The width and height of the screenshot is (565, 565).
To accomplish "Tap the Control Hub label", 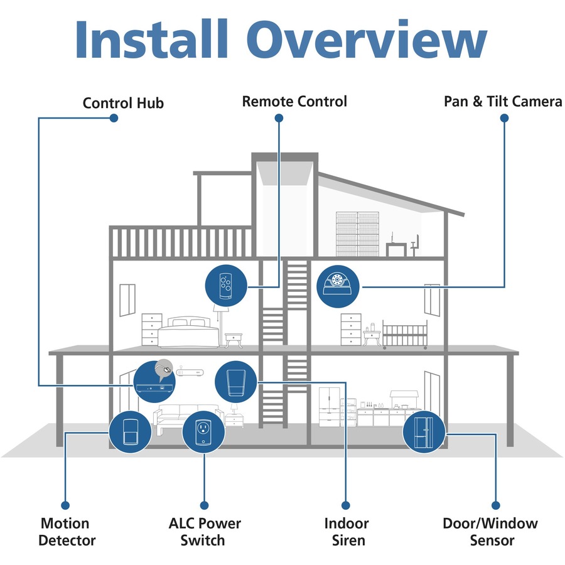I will pyautogui.click(x=123, y=102).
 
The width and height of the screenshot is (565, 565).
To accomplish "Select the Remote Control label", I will pyautogui.click(x=294, y=101).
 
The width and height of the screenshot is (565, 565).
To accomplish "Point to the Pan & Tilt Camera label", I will pyautogui.click(x=502, y=101).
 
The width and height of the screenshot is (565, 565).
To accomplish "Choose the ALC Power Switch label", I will pyautogui.click(x=205, y=531).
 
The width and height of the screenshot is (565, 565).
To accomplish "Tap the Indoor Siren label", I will pyautogui.click(x=346, y=531).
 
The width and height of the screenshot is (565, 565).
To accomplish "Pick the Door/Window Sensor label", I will pyautogui.click(x=490, y=531).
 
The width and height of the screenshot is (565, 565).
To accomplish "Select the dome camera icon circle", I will pyautogui.click(x=338, y=286).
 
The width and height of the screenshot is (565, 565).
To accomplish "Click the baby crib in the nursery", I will pyautogui.click(x=405, y=335).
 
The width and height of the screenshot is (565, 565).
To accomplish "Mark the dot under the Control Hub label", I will pyautogui.click(x=114, y=118).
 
